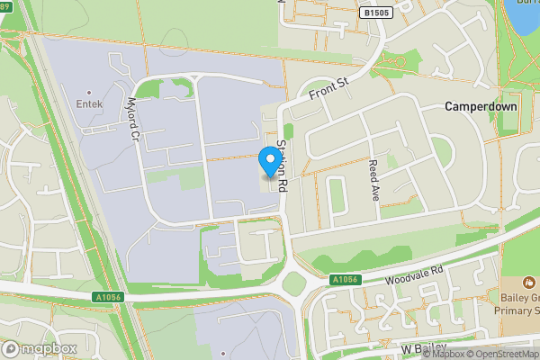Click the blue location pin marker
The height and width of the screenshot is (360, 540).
[x=268, y=160]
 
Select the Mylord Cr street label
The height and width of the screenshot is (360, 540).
[x=135, y=121]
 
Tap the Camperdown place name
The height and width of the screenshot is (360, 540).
[x=481, y=106]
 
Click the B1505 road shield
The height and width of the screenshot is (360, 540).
[x=375, y=13]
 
